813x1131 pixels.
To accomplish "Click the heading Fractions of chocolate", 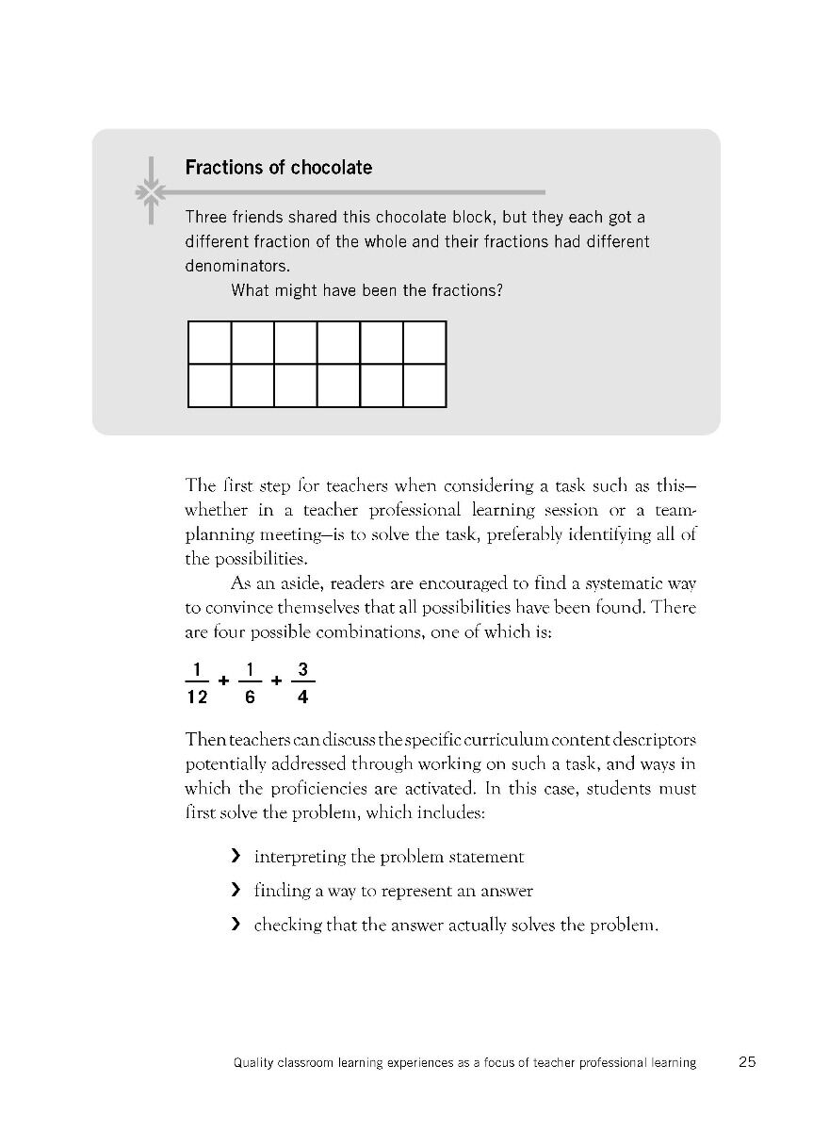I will (x=278, y=168).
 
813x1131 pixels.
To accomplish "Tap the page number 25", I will (x=747, y=1062).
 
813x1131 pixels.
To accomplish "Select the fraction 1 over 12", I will (x=196, y=683).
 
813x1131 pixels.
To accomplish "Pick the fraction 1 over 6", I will (x=250, y=683).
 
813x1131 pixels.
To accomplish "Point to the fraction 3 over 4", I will (x=302, y=683).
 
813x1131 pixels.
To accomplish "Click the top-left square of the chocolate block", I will (x=210, y=342).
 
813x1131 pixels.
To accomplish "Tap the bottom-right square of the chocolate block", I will (x=425, y=385).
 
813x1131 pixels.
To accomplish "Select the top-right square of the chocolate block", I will (x=425, y=342).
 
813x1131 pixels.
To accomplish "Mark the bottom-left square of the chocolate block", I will (x=210, y=385).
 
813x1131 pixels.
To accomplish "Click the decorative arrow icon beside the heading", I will (x=149, y=192).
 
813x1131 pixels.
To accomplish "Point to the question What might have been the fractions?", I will (x=366, y=290).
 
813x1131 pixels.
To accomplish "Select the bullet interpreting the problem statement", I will (x=388, y=857).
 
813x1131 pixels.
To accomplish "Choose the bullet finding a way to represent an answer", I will (x=393, y=891).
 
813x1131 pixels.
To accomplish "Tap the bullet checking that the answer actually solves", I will (x=455, y=925).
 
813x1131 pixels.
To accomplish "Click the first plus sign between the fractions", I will (x=223, y=679).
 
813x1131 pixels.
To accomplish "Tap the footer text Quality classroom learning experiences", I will (x=464, y=1063).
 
